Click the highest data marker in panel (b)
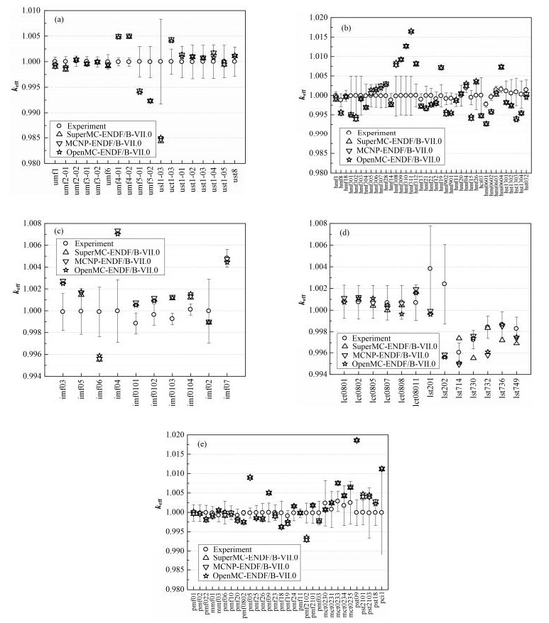(x=411, y=31)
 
